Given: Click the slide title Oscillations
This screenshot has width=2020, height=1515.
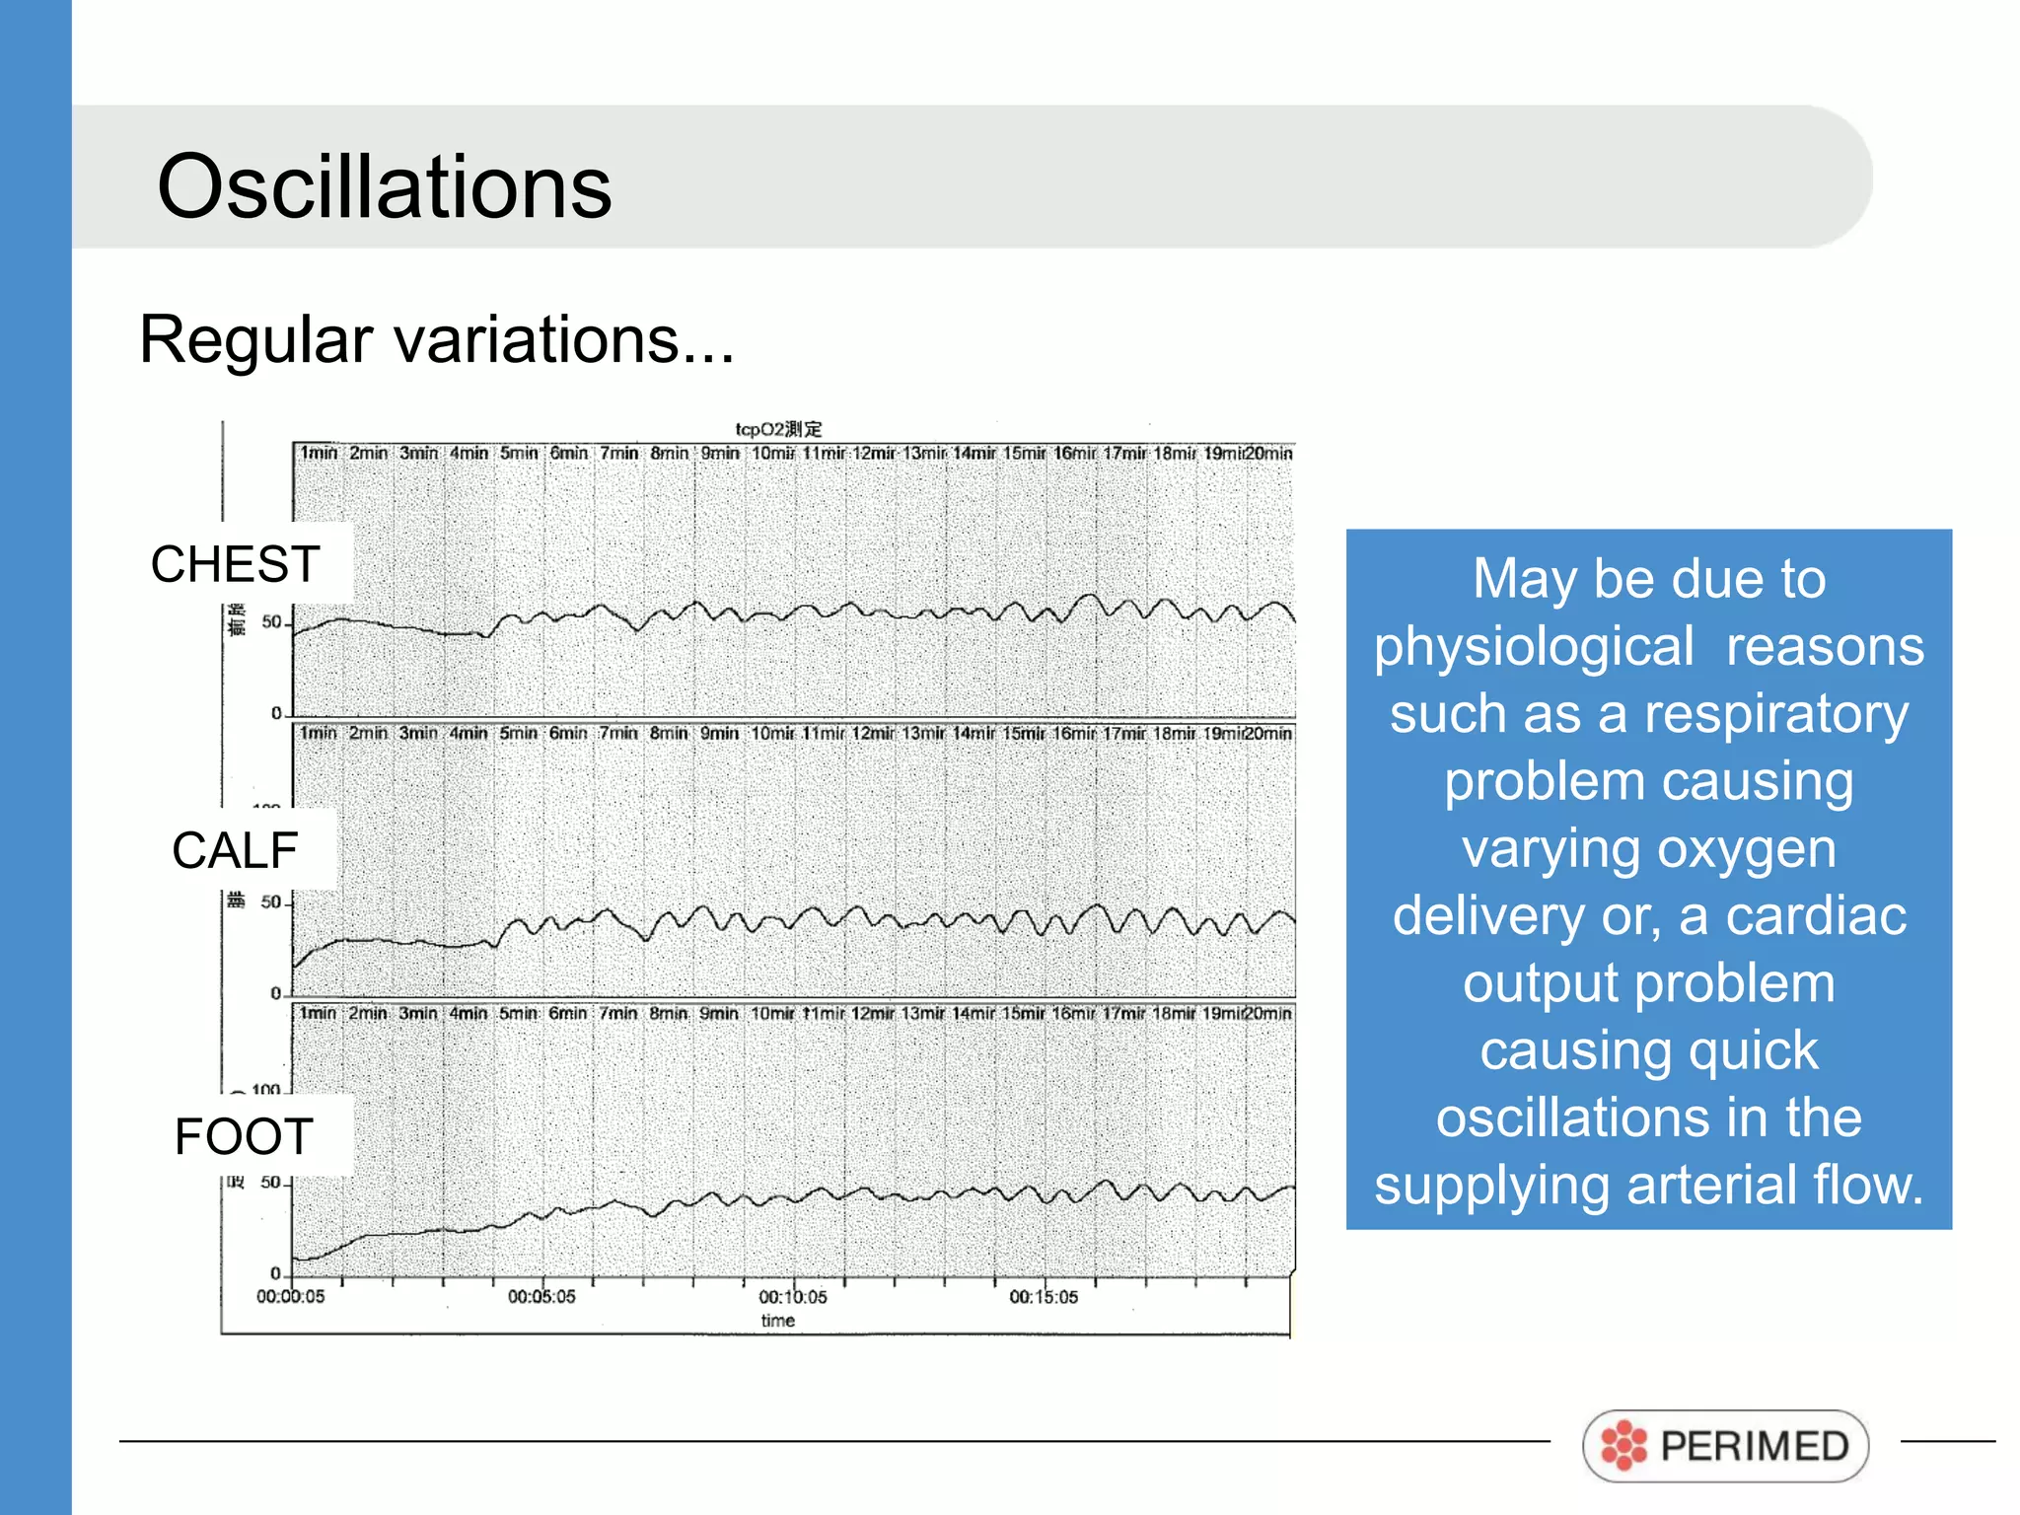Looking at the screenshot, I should (x=384, y=186).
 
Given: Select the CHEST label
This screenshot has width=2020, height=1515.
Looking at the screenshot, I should (x=235, y=564).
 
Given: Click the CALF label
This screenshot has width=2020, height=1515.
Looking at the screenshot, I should (x=235, y=850).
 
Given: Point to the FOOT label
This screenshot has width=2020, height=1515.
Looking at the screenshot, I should (x=244, y=1136).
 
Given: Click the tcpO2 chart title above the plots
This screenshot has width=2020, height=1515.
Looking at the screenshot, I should (x=778, y=429).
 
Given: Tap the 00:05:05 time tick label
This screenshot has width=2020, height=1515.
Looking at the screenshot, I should (x=541, y=1297).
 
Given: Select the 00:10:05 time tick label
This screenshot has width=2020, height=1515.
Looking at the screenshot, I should (x=792, y=1297).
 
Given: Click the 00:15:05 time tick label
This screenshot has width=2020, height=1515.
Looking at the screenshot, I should (x=1044, y=1297).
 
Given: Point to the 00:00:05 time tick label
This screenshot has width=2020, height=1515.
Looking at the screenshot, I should (x=290, y=1297).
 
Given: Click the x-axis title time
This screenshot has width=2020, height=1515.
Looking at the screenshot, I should (x=777, y=1321).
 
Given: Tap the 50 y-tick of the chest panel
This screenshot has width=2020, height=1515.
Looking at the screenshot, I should (x=271, y=622).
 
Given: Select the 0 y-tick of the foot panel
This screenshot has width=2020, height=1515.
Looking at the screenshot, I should (x=276, y=1273).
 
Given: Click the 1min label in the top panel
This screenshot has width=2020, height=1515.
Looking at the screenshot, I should (x=319, y=453).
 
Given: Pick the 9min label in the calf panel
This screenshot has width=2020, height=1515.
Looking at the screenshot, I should (x=719, y=733).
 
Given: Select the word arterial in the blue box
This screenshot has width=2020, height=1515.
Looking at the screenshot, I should (x=1736, y=1185).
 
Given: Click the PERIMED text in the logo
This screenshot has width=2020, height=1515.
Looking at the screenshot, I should (x=1754, y=1446).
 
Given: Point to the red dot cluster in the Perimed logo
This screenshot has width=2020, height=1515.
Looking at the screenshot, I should (x=1623, y=1446).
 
